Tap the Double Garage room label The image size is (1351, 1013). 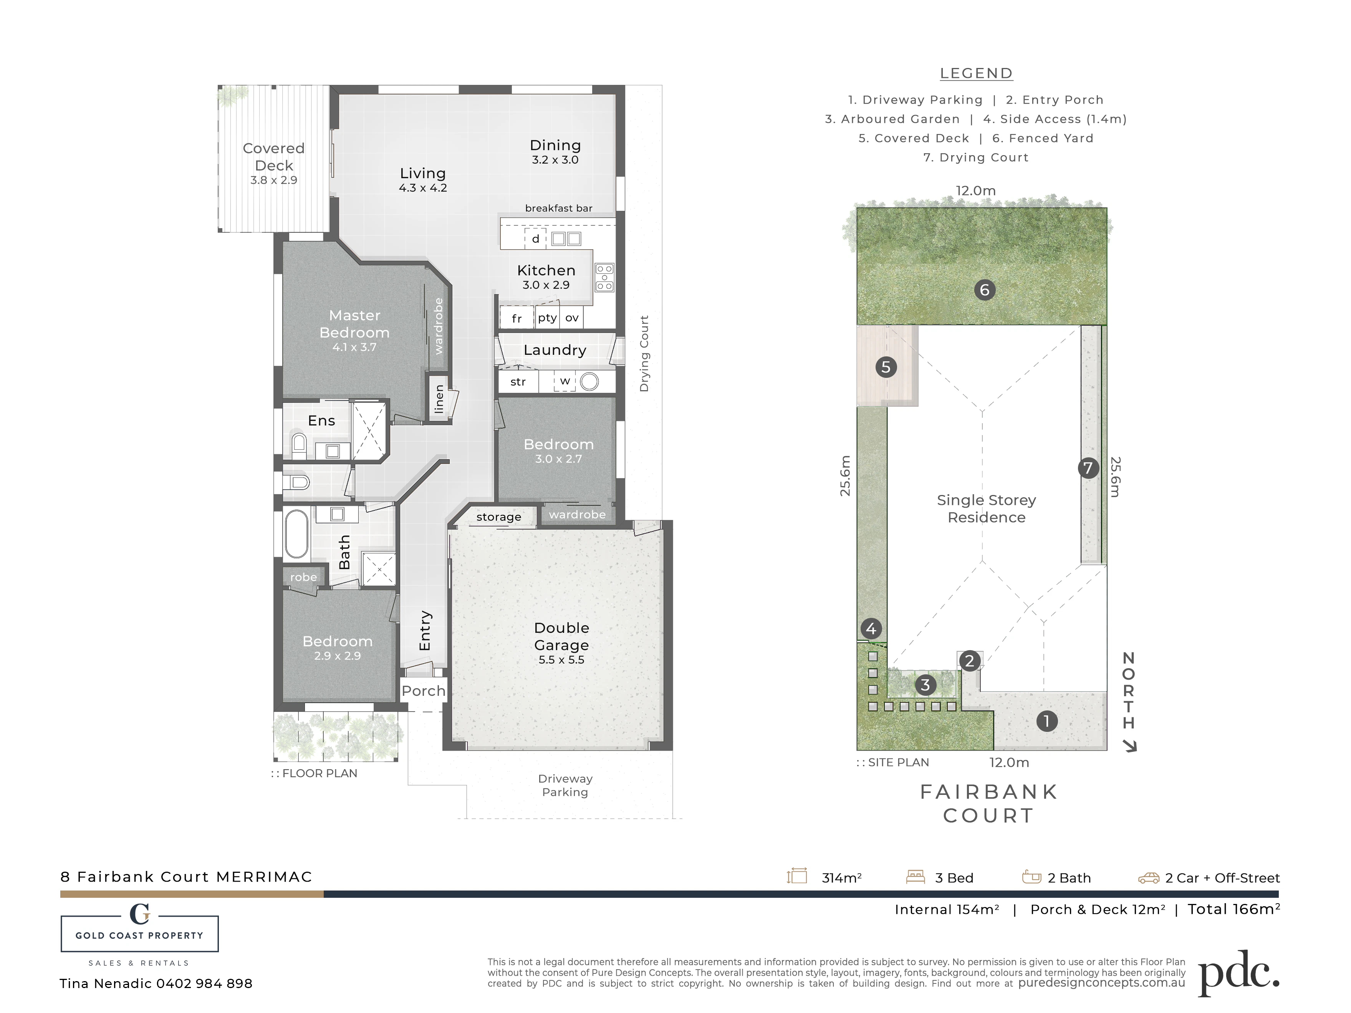point(561,636)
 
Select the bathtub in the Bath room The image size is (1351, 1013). point(297,534)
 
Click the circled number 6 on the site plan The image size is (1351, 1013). point(985,290)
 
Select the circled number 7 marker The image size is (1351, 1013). point(1088,468)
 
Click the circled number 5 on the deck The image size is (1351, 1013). point(886,367)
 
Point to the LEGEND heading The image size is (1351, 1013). point(976,73)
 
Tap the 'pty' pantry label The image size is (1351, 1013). point(547,318)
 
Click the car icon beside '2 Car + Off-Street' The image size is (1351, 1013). point(1148,878)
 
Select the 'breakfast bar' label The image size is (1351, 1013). point(558,208)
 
